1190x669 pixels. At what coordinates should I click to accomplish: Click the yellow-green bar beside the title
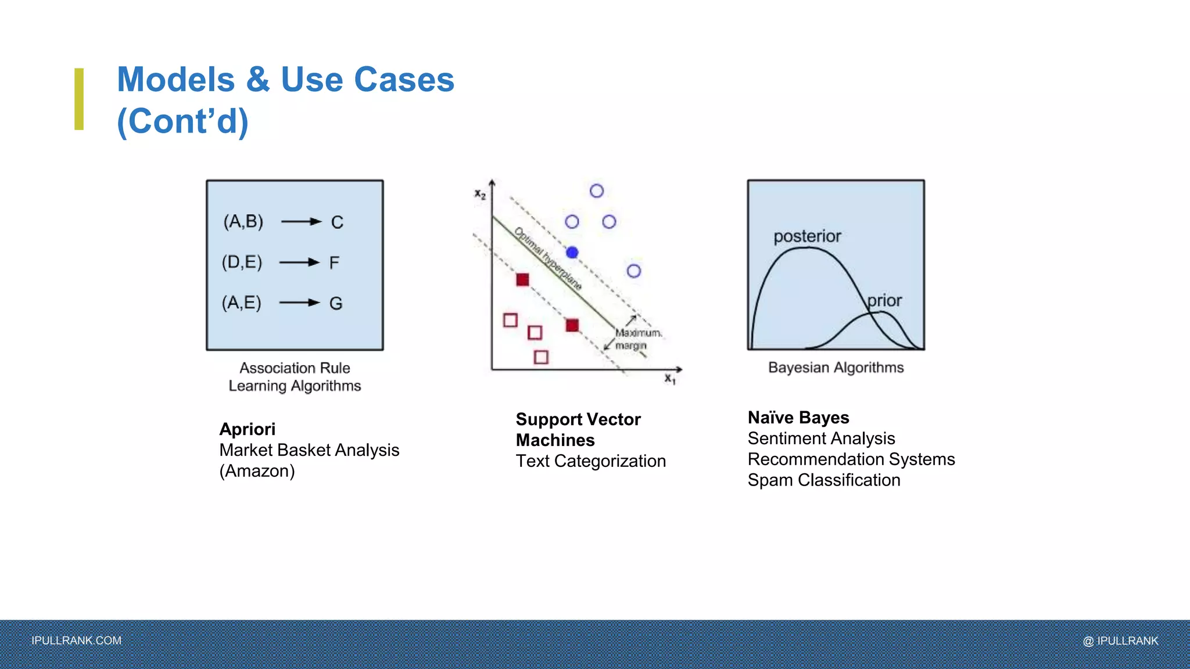coord(79,99)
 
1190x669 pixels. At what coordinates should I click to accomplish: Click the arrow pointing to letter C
coord(301,221)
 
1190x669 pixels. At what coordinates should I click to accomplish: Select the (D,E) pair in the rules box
coord(242,262)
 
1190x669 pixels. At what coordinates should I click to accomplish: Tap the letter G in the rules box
coord(336,303)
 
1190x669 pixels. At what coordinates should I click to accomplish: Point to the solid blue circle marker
coord(572,253)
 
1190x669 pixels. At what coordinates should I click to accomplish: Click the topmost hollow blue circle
coord(597,191)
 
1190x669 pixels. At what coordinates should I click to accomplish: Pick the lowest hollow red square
coord(541,357)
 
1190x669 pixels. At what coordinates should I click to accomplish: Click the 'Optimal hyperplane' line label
coord(548,259)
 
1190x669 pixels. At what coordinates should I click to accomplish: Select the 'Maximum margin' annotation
coord(637,339)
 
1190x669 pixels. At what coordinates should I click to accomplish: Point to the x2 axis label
coord(480,195)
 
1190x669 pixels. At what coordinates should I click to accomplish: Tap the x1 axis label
coord(670,379)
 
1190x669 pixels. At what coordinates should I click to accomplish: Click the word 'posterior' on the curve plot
coord(807,236)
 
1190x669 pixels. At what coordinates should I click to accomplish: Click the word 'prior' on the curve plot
coord(884,300)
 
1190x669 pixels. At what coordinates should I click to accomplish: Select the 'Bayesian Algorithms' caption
coord(836,368)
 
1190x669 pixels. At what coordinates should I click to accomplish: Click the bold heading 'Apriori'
coord(248,429)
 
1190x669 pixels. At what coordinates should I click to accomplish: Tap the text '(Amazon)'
coord(257,471)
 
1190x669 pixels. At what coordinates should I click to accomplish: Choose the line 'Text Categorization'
coord(590,461)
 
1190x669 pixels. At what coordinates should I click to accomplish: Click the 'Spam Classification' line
coord(823,480)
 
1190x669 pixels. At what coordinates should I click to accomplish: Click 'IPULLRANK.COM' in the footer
coord(77,641)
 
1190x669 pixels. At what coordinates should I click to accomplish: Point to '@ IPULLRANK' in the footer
coord(1120,641)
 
